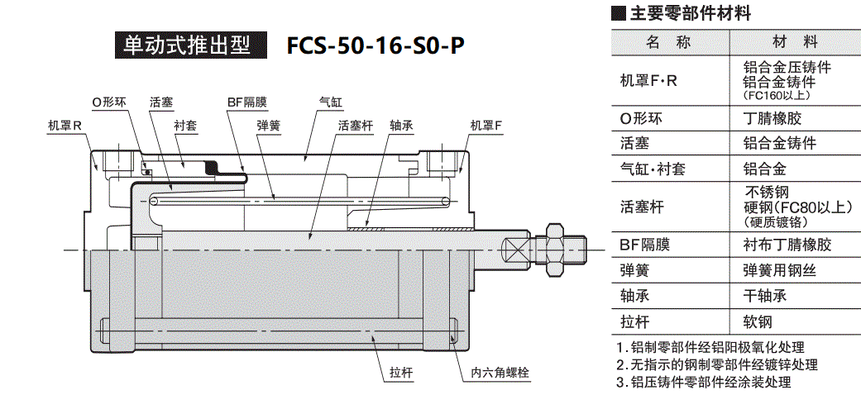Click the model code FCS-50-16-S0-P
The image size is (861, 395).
coord(375,45)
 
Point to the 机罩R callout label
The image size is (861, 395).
coord(65,126)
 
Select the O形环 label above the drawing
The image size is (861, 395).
coord(108,102)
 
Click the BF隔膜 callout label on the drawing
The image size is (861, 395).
coord(246,102)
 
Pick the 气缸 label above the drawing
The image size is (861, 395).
coord(331,102)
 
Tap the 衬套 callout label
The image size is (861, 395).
coord(184,126)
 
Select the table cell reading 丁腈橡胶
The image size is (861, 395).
coord(773,117)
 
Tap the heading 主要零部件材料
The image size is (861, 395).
coord(690,13)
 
